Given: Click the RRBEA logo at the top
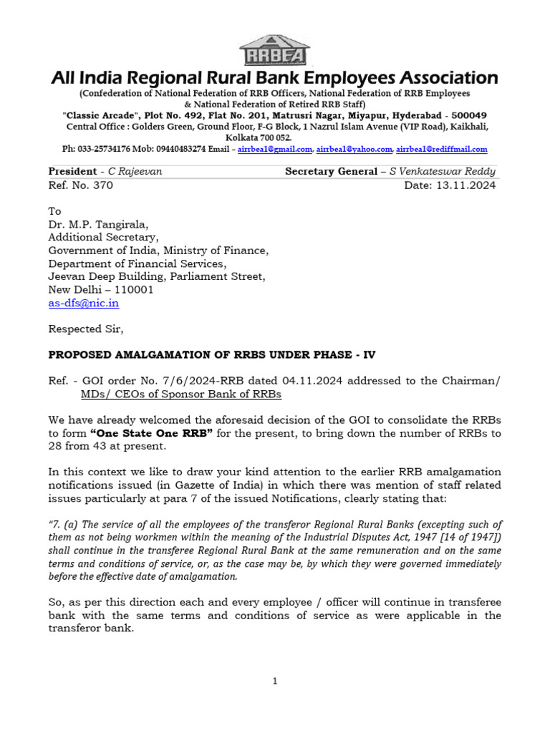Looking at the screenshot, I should pyautogui.click(x=274, y=51).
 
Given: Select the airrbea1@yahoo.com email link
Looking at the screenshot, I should pyautogui.click(x=354, y=150).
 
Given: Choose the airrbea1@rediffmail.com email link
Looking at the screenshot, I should pyautogui.click(x=442, y=150).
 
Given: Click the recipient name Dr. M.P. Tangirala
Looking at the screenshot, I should pyautogui.click(x=95, y=225).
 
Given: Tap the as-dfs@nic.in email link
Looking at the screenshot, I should pyautogui.click(x=83, y=303).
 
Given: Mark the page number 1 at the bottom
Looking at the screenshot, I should pyautogui.click(x=274, y=682).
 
